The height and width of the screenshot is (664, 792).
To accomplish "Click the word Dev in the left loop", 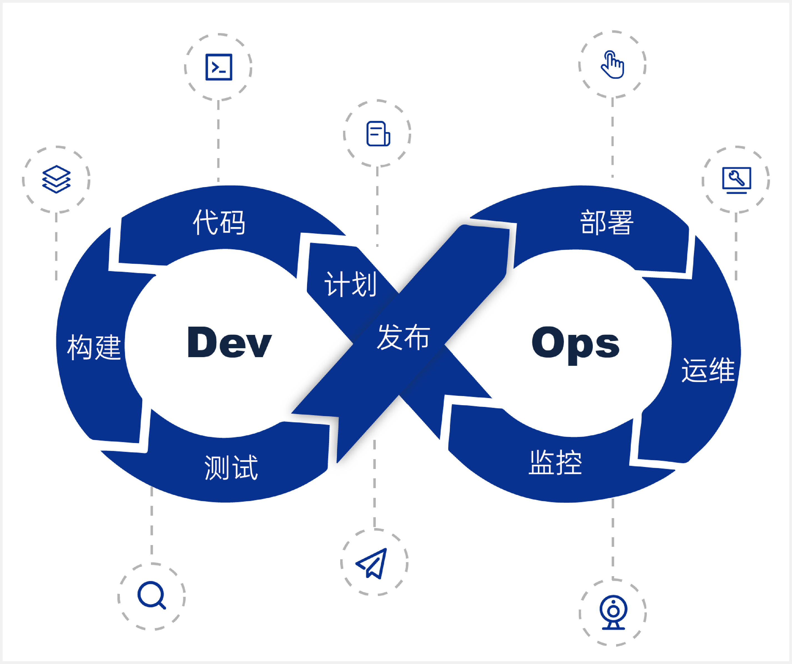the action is [x=229, y=342].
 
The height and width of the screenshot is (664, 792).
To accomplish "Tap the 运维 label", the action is [x=708, y=370].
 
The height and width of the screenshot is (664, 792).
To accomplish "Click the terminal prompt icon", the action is [x=219, y=67].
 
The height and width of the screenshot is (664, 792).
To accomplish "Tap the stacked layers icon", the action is [x=56, y=179].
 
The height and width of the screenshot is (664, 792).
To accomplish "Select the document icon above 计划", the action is [x=378, y=134].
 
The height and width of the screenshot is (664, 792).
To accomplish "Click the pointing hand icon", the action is [x=612, y=64].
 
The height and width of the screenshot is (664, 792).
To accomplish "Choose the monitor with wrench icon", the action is [x=736, y=180].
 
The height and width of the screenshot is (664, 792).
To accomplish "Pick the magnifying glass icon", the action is [x=152, y=595].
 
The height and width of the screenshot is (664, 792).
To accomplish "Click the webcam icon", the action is [x=613, y=612].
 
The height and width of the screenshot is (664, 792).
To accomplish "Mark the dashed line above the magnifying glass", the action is [x=152, y=520].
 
